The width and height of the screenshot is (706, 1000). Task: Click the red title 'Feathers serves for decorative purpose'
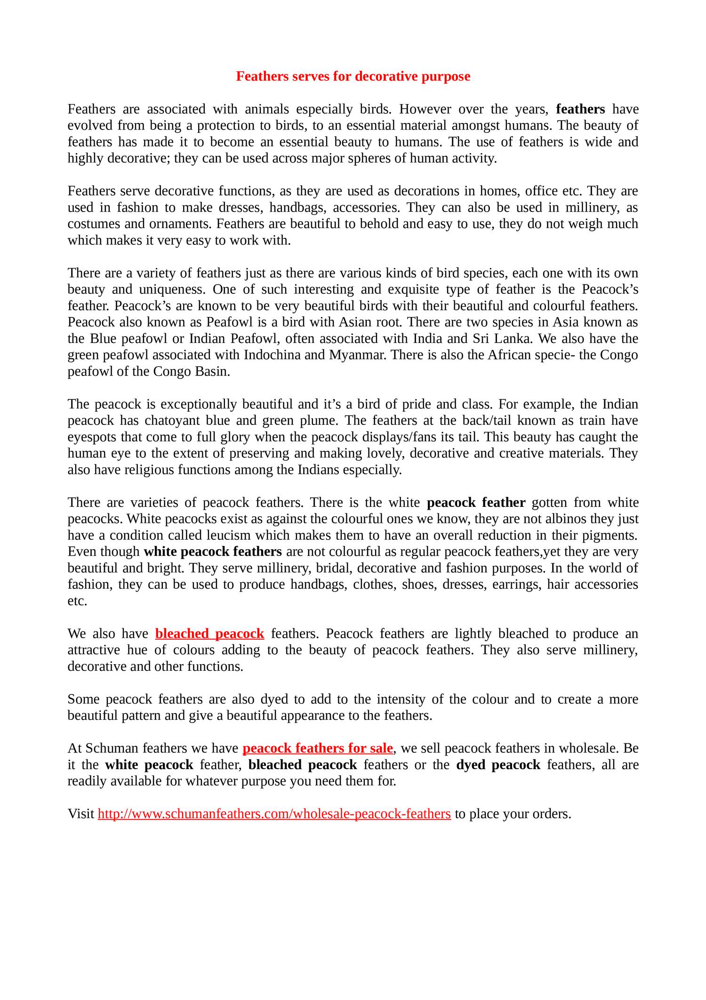[353, 76]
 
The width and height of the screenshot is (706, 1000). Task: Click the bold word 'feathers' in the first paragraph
[580, 109]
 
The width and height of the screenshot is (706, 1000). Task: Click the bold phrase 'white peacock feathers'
[212, 552]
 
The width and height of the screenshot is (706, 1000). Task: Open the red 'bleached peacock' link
[209, 634]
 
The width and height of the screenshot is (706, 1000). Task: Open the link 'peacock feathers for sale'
[318, 748]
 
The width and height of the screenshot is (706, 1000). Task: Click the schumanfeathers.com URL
[274, 814]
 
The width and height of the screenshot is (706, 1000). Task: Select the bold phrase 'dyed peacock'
[498, 765]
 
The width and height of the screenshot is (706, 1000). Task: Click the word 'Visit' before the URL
[81, 814]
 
